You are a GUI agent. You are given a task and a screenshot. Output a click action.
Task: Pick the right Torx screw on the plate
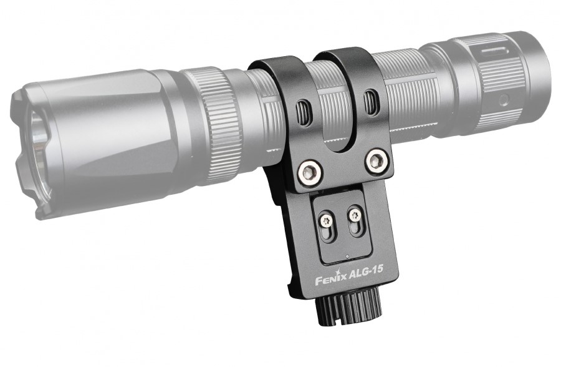(x=355, y=215)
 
